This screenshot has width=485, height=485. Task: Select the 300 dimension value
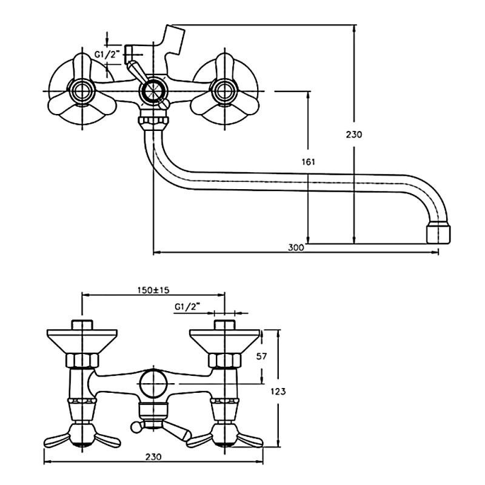[295, 247]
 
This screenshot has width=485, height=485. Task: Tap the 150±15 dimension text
[152, 291]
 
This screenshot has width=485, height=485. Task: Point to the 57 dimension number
[261, 356]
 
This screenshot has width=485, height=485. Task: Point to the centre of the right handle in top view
[222, 92]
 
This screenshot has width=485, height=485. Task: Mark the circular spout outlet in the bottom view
[151, 384]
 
